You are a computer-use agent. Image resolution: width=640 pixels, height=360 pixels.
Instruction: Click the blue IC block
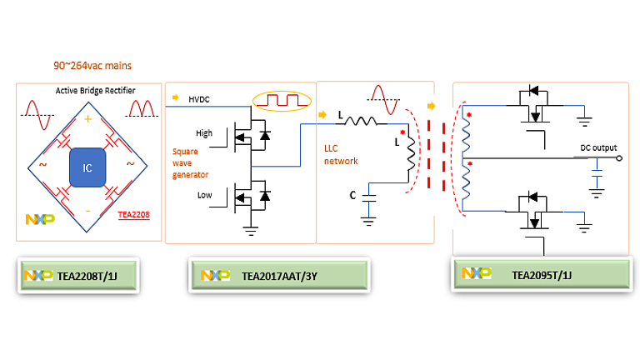tap(87, 167)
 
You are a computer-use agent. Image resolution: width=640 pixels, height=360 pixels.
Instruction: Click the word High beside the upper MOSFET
tap(203, 132)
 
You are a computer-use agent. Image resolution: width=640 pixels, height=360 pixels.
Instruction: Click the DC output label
tap(598, 148)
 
